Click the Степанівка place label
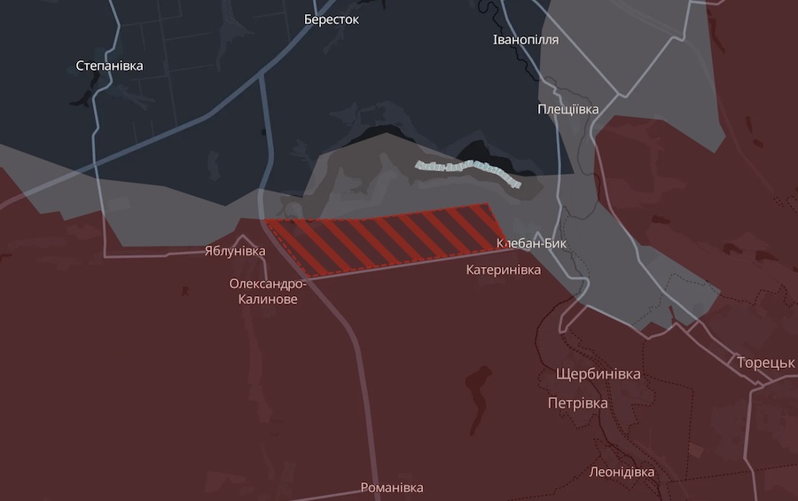pyautogui.click(x=109, y=66)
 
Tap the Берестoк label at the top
pyautogui.click(x=331, y=20)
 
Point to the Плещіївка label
pyautogui.click(x=568, y=109)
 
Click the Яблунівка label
pyautogui.click(x=235, y=251)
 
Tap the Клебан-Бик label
pyautogui.click(x=532, y=243)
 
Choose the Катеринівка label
pyautogui.click(x=504, y=270)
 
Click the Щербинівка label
pyautogui.click(x=598, y=374)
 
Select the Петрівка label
pyautogui.click(x=578, y=403)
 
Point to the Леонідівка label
pyautogui.click(x=622, y=472)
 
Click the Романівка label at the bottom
pyautogui.click(x=392, y=488)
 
